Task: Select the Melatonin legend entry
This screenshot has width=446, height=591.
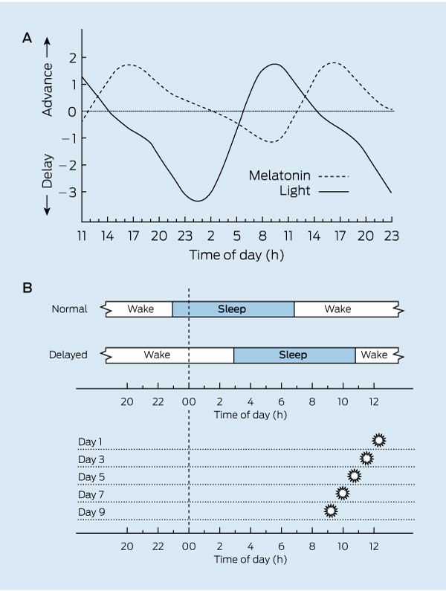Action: pos(280,176)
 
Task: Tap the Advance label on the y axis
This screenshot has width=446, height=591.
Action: pos(49,82)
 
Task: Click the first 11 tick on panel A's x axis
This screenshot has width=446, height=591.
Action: pos(83,236)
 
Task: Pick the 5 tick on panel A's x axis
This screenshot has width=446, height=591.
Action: pos(236,236)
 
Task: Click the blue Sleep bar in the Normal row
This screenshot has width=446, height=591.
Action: pos(233,309)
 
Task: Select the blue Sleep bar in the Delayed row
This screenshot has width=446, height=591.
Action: pos(294,355)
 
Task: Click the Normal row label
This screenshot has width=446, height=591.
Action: pos(69,309)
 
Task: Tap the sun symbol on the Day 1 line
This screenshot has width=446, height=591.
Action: pos(379,440)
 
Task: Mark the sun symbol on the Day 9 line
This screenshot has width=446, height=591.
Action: pos(331,511)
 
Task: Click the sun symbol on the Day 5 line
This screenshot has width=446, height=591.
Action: pos(355,476)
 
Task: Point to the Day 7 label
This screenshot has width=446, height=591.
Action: pos(91,494)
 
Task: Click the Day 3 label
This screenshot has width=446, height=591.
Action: pos(91,459)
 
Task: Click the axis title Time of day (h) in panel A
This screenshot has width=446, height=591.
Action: pos(236,254)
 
